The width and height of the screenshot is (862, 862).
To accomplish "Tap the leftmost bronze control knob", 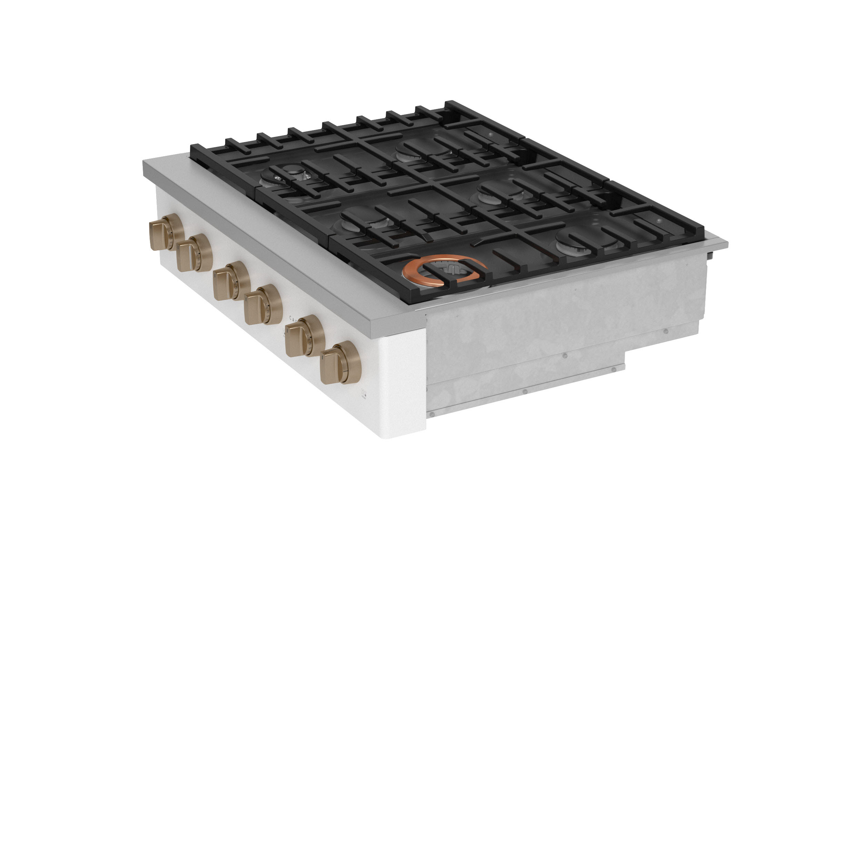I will point(166,232).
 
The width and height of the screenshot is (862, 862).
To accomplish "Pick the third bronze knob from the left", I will point(231,281).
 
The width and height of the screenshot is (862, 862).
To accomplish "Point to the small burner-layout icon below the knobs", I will point(364,393).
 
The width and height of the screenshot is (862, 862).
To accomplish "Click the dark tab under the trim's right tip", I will point(711,255).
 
